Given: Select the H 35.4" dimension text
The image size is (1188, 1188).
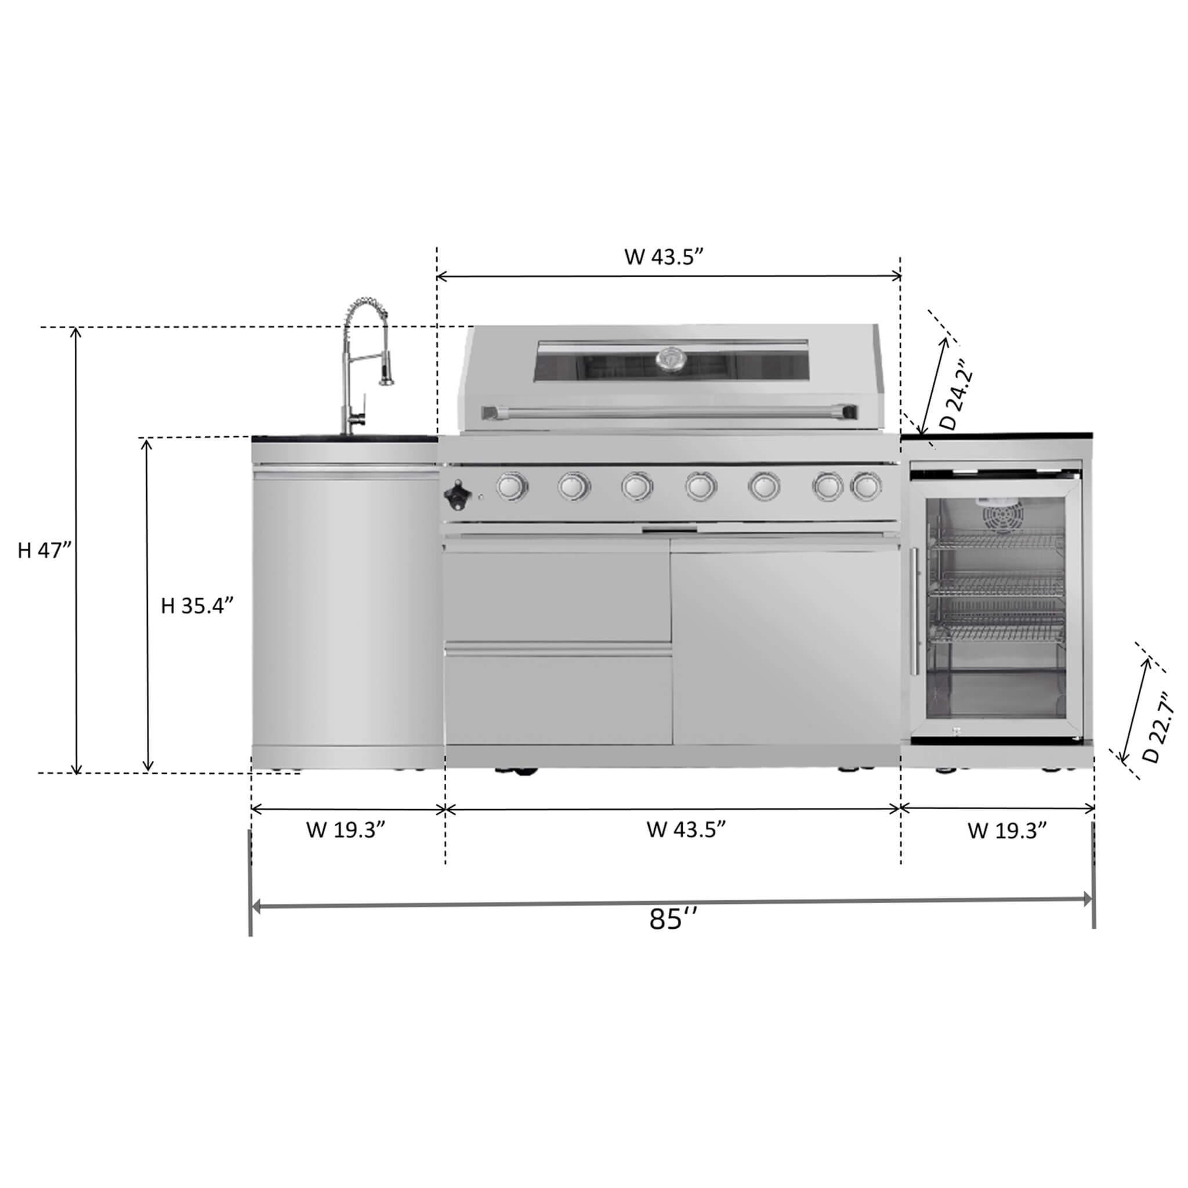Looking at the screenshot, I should pyautogui.click(x=197, y=606).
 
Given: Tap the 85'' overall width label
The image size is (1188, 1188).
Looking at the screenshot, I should pyautogui.click(x=673, y=936).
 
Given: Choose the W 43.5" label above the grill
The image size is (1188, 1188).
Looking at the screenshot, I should pyautogui.click(x=664, y=256).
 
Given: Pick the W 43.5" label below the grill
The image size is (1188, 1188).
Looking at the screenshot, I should pyautogui.click(x=686, y=830).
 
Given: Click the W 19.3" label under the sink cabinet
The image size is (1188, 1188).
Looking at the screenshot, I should pyautogui.click(x=346, y=830).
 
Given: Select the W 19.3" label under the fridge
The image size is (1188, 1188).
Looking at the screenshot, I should pyautogui.click(x=1007, y=831).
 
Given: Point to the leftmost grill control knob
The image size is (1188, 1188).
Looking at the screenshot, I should pyautogui.click(x=512, y=486).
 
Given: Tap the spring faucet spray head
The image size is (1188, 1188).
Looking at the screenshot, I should pyautogui.click(x=386, y=375).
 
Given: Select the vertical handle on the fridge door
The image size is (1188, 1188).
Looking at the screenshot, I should pyautogui.click(x=915, y=611).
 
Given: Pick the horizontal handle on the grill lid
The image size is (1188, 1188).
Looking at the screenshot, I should pyautogui.click(x=668, y=410).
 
